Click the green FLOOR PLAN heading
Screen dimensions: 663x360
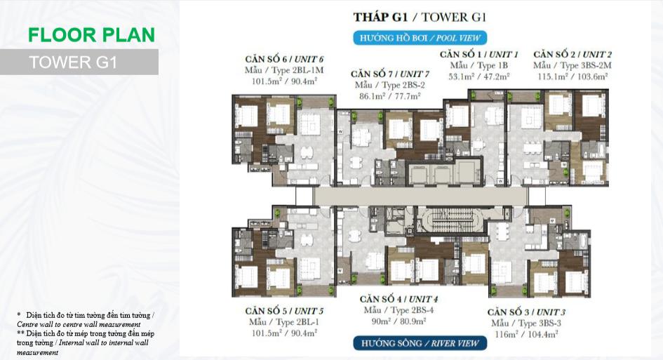point(91,34)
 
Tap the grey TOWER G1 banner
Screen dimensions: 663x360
point(79,62)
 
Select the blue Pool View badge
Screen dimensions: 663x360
point(420,38)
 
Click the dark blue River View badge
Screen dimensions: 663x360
point(420,343)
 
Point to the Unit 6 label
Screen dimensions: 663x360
point(284,59)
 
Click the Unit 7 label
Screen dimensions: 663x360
point(390,74)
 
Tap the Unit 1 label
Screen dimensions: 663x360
point(478,54)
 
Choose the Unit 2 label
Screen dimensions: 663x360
point(572,54)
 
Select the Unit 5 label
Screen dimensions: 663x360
point(284,311)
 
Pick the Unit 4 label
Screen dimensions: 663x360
point(399,299)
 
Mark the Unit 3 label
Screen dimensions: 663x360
point(526,312)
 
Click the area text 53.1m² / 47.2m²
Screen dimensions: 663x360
point(478,76)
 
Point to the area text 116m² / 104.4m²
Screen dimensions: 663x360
point(526,334)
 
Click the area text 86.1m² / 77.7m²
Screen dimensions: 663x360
point(390,96)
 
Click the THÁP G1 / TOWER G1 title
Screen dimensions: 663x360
point(420,17)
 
